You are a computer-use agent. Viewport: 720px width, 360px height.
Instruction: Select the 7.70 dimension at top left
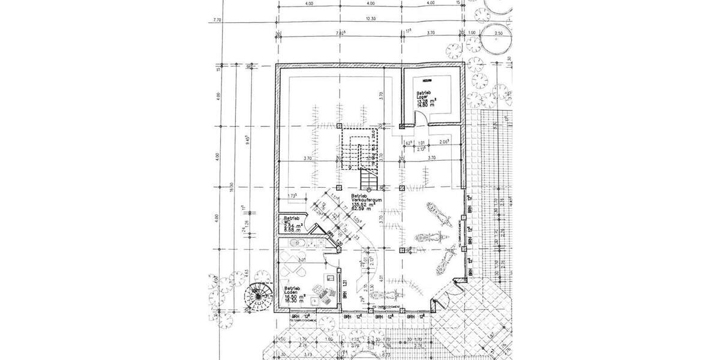click(217, 20)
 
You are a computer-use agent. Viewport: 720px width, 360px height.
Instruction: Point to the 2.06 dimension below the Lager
click(444, 142)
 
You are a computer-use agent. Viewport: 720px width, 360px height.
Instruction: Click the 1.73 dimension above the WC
click(293, 196)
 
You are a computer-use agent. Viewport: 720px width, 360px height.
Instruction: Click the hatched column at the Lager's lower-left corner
click(401, 126)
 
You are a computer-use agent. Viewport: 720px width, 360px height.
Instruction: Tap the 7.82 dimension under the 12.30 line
click(340, 33)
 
